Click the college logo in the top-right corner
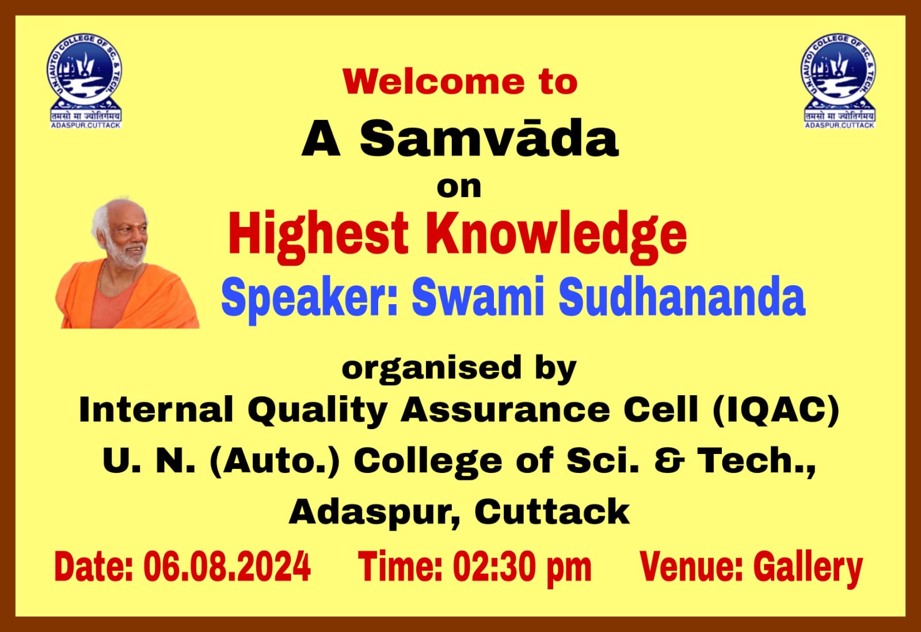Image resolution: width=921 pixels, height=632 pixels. (x=840, y=81)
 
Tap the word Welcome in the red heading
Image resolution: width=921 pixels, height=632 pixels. (x=434, y=82)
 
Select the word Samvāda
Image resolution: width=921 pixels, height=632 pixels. (x=489, y=138)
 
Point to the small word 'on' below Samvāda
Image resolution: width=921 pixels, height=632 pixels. (x=459, y=188)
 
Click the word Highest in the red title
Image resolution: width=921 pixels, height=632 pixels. (x=318, y=235)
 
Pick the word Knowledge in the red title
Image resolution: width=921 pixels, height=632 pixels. (x=556, y=235)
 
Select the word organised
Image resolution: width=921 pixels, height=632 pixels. (x=432, y=369)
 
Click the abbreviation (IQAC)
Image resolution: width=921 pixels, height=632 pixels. (x=776, y=410)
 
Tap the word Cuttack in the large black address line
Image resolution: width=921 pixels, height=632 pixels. (x=552, y=512)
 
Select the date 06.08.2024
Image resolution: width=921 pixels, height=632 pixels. (x=227, y=566)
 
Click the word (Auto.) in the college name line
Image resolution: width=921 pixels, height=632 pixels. (x=275, y=461)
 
